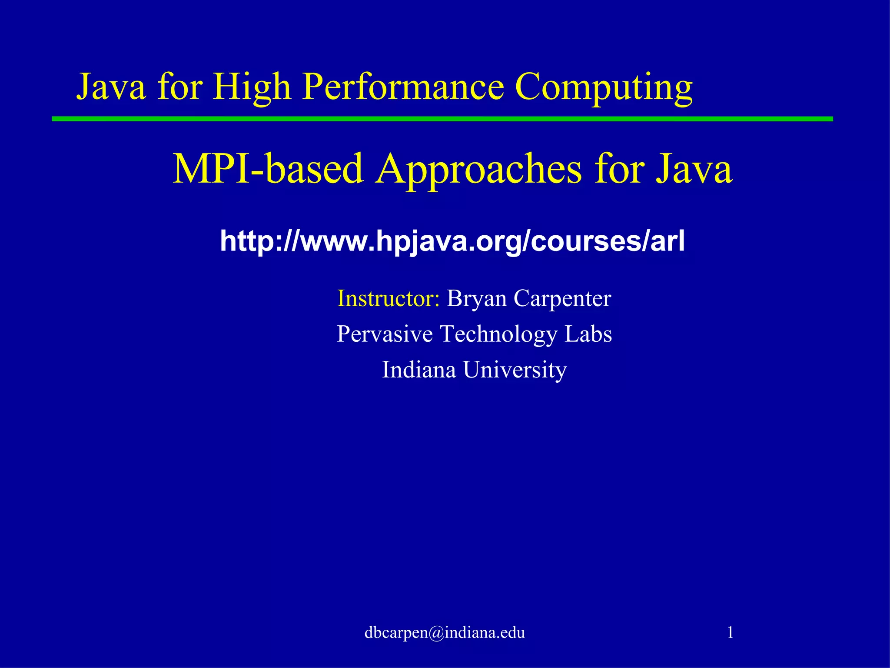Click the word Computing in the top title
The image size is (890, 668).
click(x=603, y=88)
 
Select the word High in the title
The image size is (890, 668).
click(x=251, y=88)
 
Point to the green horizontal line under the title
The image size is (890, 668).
click(x=442, y=119)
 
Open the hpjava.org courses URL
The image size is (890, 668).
click(x=452, y=241)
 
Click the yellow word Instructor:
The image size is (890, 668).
click(x=389, y=298)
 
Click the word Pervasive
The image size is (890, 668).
click(x=385, y=334)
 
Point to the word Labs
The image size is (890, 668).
click(x=588, y=334)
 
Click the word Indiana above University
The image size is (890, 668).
click(x=418, y=370)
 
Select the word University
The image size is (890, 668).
click(x=515, y=371)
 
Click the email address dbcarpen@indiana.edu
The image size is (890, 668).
click(x=445, y=632)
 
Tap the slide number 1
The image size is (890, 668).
click(x=730, y=632)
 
